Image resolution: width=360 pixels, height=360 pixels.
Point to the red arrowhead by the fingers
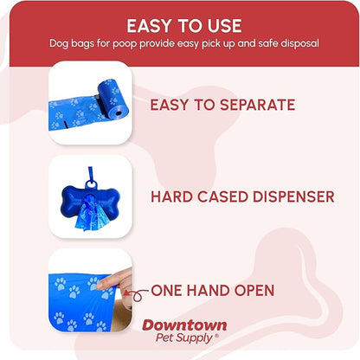point(133,292)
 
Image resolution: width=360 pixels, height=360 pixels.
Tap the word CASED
point(217,197)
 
